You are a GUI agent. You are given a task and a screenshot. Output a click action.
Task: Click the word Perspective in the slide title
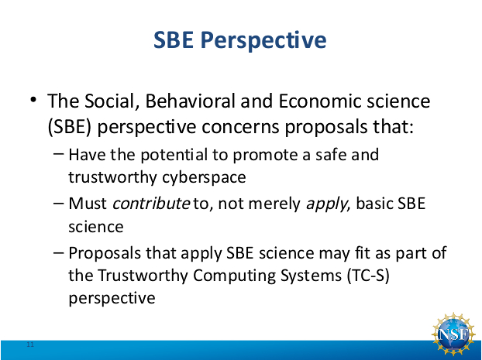[263, 40]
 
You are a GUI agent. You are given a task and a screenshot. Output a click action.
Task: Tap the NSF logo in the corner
[453, 334]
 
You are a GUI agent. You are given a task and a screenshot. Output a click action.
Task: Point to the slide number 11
[30, 345]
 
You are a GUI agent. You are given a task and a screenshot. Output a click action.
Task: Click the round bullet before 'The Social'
[33, 100]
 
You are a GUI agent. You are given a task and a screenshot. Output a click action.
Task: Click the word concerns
[240, 127]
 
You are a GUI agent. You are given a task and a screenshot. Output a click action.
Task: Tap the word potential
[174, 155]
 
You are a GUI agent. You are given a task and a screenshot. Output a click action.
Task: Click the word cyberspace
[204, 177]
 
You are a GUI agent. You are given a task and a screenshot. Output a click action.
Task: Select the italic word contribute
[151, 204]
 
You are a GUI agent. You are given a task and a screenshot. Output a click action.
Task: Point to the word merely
[274, 204]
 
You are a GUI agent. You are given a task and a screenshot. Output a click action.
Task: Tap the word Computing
[234, 276]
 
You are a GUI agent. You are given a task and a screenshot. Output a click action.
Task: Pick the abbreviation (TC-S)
[368, 275]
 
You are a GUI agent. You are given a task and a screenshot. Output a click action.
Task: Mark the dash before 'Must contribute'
[58, 203]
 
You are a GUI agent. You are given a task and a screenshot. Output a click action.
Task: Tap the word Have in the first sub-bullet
[86, 155]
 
